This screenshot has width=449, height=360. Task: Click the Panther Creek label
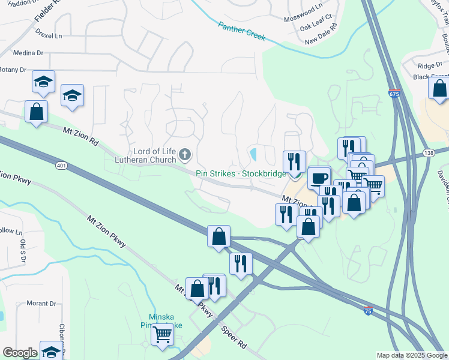click(x=241, y=31)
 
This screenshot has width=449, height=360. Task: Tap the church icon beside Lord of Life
click(x=185, y=155)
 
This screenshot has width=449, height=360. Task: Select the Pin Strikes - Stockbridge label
click(x=241, y=173)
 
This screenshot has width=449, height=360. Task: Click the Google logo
click(x=20, y=353)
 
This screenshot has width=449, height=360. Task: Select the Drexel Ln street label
click(x=49, y=35)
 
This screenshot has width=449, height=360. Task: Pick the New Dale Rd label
click(x=321, y=41)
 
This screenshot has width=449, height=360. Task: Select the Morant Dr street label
click(x=41, y=303)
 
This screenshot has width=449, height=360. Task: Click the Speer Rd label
click(x=234, y=338)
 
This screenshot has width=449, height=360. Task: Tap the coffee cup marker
click(x=319, y=178)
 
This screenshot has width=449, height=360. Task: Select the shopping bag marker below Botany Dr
click(x=36, y=111)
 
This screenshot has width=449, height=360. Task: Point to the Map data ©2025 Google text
click(x=411, y=355)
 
